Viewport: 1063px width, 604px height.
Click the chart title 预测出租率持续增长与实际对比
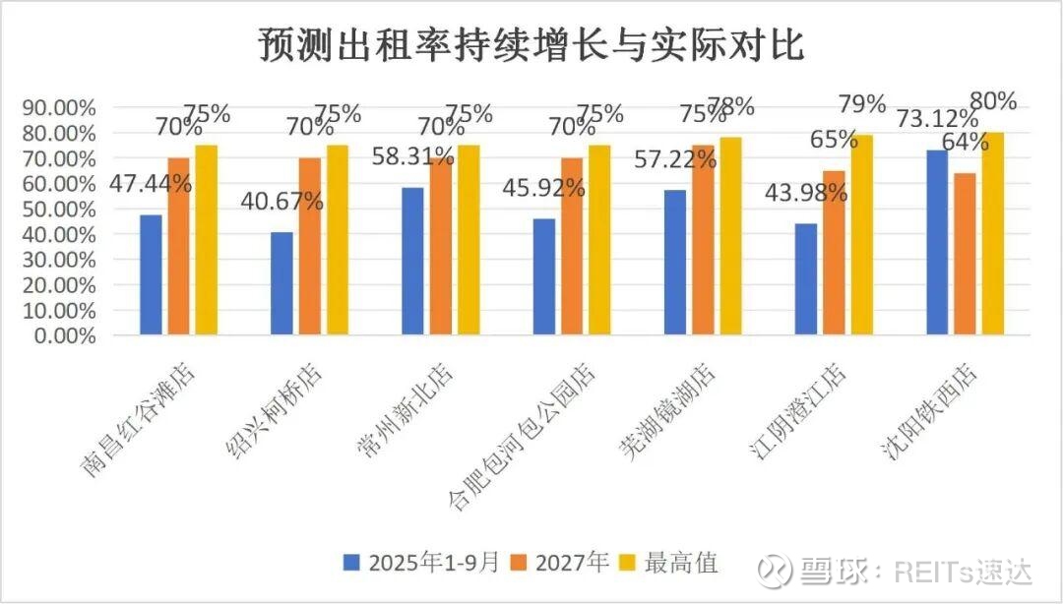pyautogui.click(x=531, y=44)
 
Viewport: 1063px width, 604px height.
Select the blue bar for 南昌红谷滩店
pyautogui.click(x=151, y=274)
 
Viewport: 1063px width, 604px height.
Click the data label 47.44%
pyautogui.click(x=152, y=182)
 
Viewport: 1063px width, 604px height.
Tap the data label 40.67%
pyautogui.click(x=282, y=202)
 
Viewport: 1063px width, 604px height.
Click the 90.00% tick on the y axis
pyautogui.click(x=58, y=107)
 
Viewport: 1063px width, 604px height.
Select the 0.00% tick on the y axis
pyautogui.click(x=62, y=334)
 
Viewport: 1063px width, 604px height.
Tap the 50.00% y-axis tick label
pyautogui.click(x=58, y=209)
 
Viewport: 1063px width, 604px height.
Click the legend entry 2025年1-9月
pyautogui.click(x=424, y=563)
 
